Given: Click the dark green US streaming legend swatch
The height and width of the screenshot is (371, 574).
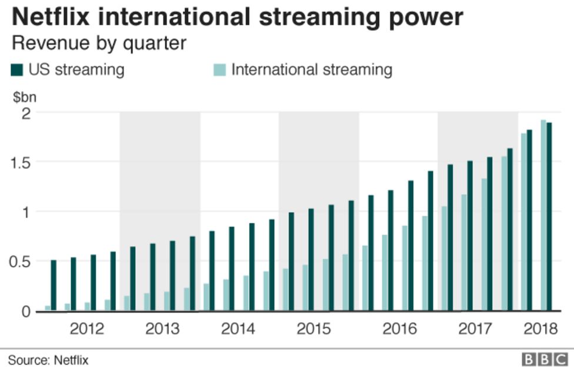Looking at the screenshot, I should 16,70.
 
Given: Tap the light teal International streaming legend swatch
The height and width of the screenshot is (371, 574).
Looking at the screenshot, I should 218,70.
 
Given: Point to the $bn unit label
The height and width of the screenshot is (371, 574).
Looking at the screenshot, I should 25,96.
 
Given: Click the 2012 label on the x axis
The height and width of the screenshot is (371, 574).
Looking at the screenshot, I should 86,329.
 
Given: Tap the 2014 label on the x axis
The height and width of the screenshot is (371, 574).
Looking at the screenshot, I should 238,329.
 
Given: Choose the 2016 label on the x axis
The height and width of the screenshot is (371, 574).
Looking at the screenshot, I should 399,329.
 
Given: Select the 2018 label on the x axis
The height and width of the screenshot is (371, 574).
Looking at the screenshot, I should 540,329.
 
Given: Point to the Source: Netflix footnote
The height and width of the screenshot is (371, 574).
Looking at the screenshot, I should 48,359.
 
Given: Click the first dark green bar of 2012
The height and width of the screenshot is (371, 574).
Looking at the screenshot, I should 54,285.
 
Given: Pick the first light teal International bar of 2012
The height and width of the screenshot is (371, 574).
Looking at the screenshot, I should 48,308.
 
